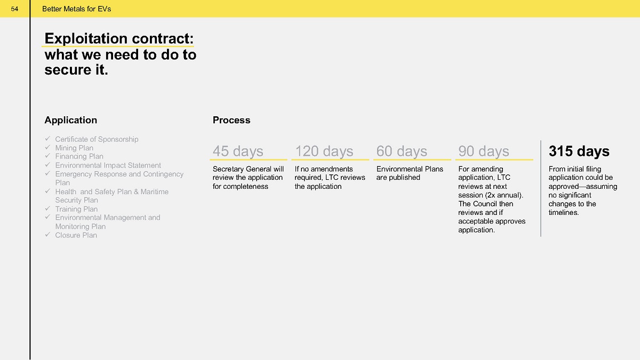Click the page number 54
pos(14,9)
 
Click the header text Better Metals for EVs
pos(77,9)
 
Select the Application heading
pos(71,120)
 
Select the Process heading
pos(231,120)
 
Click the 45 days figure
pos(238,151)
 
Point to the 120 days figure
pos(324,151)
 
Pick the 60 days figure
pos(402,151)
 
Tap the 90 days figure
pos(484,151)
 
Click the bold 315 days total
pos(579,151)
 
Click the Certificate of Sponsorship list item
pos(97,139)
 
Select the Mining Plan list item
pos(74,148)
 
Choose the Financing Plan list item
pos(79,157)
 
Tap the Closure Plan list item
pos(76,235)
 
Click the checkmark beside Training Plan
pos(47,209)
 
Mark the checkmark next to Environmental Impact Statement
pos(47,165)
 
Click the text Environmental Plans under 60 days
pos(410,169)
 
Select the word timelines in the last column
pos(564,213)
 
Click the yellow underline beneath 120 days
pos(330,159)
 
